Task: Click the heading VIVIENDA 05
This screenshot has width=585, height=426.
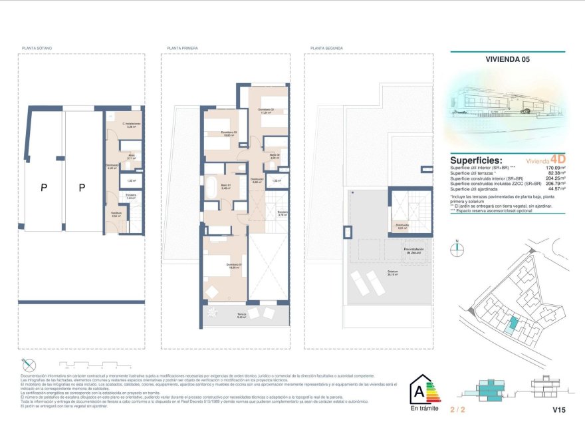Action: pos(507,59)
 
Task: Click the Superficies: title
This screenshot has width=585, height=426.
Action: pos(476,160)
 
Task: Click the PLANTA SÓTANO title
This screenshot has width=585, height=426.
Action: pos(37,49)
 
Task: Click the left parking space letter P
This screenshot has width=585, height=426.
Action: pos(44,188)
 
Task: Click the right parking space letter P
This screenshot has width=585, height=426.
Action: pos(82,188)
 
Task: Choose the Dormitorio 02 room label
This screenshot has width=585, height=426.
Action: pos(266,110)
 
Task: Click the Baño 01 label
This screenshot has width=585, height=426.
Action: pos(225,187)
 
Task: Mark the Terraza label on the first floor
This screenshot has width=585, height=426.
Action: pos(242,315)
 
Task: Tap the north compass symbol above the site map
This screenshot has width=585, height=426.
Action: pos(457,250)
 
